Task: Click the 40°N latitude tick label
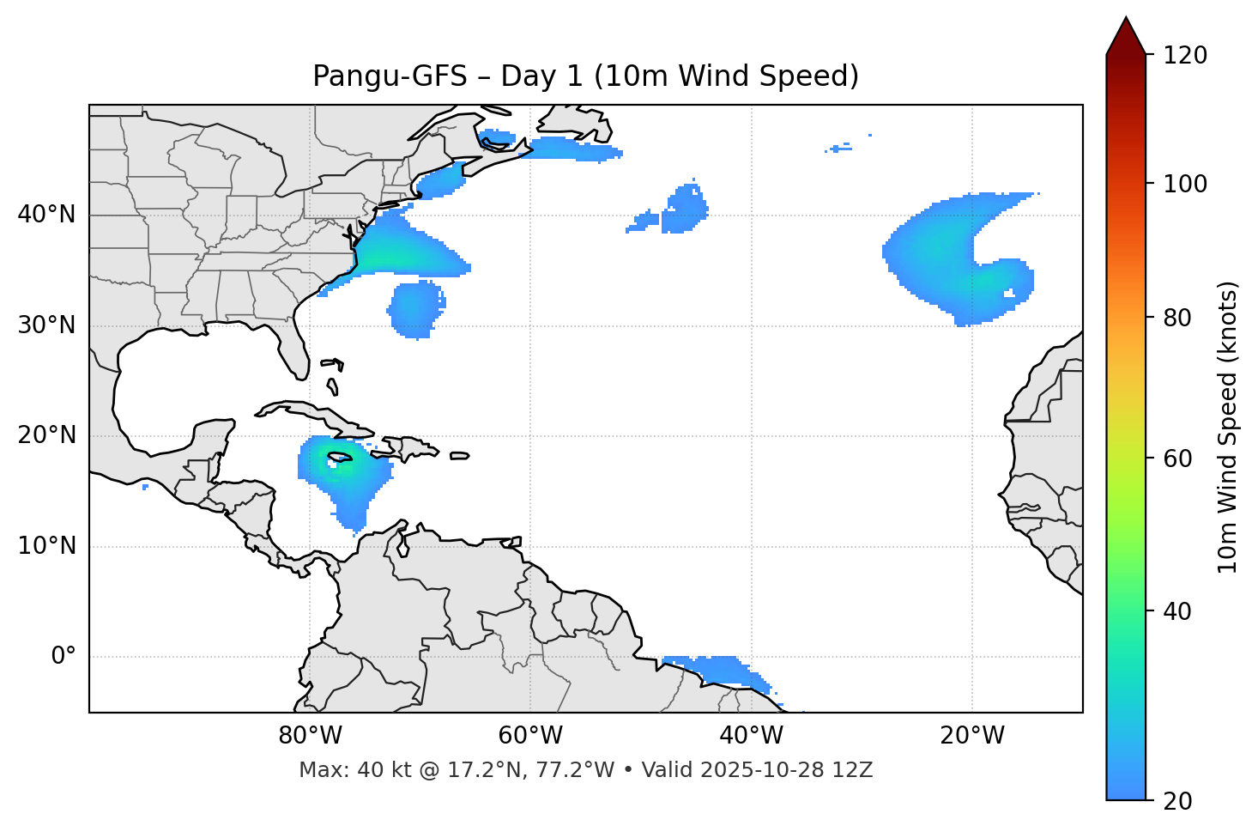point(46,215)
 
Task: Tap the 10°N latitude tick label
point(46,546)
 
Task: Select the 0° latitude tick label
point(64,657)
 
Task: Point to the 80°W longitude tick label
point(310,736)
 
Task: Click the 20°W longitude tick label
point(972,736)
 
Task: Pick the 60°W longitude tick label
point(530,736)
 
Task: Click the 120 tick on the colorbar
point(1185,56)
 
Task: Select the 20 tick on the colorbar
point(1177,800)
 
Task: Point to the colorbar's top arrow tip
point(1126,17)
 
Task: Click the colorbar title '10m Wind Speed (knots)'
point(1228,428)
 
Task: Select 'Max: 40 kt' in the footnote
point(337,770)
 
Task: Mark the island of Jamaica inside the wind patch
point(340,457)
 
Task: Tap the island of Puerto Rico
point(459,456)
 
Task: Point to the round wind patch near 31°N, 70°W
point(416,308)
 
